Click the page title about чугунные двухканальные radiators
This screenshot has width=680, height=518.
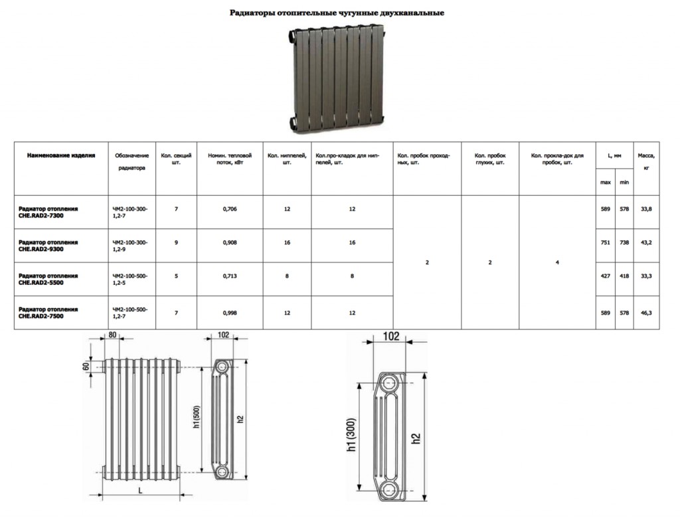337,13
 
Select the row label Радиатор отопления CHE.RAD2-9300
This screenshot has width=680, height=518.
48,246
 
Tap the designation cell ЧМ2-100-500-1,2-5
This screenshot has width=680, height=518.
130,279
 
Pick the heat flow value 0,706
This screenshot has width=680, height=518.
230,209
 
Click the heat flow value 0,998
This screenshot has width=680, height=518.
230,313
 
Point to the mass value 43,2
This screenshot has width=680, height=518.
646,243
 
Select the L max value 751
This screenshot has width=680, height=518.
606,243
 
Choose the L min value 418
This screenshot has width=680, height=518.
624,276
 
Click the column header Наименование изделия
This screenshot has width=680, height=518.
60,155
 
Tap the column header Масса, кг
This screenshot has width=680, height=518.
646,161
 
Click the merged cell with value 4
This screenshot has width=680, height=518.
557,263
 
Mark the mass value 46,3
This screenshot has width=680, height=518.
646,313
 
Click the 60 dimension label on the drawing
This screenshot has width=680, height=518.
86,367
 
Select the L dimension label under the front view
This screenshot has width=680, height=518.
140,491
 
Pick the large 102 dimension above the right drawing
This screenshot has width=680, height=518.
392,337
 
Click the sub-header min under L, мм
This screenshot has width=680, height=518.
624,182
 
